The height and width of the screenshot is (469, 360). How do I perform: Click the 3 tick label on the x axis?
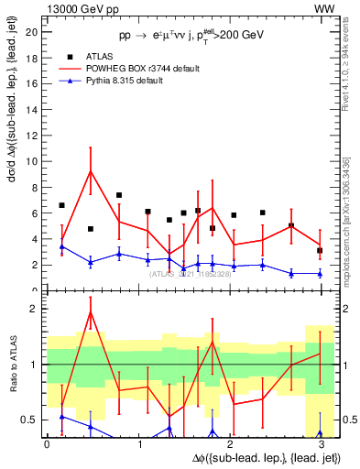(320, 444)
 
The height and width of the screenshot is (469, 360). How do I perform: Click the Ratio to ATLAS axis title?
(12, 365)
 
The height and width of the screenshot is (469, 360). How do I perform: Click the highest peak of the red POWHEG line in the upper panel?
(90, 171)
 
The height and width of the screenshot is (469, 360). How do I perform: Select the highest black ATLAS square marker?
(119, 195)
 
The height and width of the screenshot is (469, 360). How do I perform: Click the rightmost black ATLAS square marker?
(320, 250)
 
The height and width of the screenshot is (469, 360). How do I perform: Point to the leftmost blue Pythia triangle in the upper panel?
(61, 246)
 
